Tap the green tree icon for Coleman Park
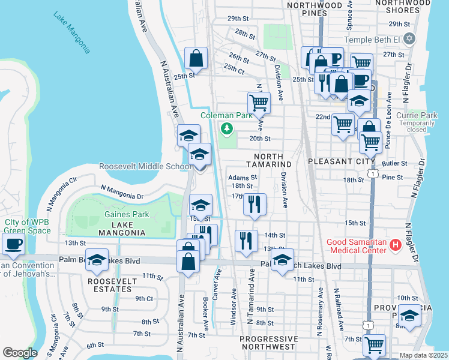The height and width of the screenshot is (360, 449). tap(227, 128)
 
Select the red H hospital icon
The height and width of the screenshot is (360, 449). tap(395, 244)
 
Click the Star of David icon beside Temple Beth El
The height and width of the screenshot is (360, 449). tap(409, 39)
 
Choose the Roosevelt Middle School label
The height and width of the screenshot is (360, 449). tap(145, 166)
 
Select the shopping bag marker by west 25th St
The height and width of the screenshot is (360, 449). tap(196, 59)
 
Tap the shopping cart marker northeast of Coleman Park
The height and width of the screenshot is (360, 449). tap(259, 102)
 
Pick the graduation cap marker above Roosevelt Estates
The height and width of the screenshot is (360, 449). tap(97, 259)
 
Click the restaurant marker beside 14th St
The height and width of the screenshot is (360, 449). tap(246, 241)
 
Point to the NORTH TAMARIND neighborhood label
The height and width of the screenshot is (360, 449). tap(268, 164)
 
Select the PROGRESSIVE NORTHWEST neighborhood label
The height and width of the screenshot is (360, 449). tap(268, 343)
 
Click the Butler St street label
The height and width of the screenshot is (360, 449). tap(394, 163)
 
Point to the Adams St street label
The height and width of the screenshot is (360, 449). tap(243, 178)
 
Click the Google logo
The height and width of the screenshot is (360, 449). tap(20, 353)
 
